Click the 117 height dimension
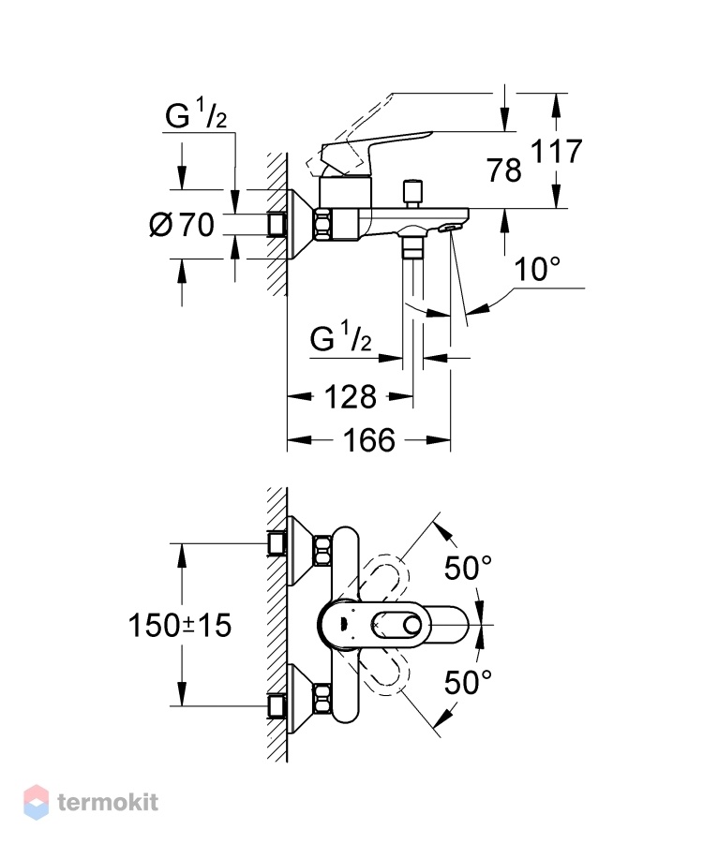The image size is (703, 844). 557,151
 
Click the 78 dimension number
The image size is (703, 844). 504,170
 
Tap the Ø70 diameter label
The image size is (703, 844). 182,225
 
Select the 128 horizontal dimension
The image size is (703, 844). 351,398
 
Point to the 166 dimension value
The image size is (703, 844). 369,440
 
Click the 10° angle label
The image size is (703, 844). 537,269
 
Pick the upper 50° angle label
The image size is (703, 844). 468,568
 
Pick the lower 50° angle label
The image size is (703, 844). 468,683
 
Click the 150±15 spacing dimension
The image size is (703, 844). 180,626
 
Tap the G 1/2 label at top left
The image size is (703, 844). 196,115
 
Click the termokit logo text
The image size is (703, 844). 108,803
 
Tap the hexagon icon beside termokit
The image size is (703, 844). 37,802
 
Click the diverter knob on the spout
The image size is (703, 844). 412,194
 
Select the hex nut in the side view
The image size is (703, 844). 323,225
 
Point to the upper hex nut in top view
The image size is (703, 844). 322,551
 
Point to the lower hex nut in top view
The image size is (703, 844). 322,699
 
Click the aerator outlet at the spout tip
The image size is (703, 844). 448,229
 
